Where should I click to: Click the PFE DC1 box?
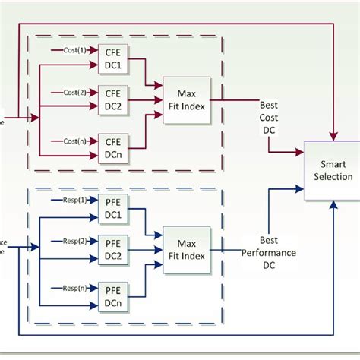click(x=112, y=209)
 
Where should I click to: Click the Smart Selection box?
click(x=332, y=170)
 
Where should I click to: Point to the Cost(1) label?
click(x=74, y=49)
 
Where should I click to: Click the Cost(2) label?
click(x=74, y=91)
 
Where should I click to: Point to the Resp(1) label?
click(x=74, y=201)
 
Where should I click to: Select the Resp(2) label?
click(x=74, y=242)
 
